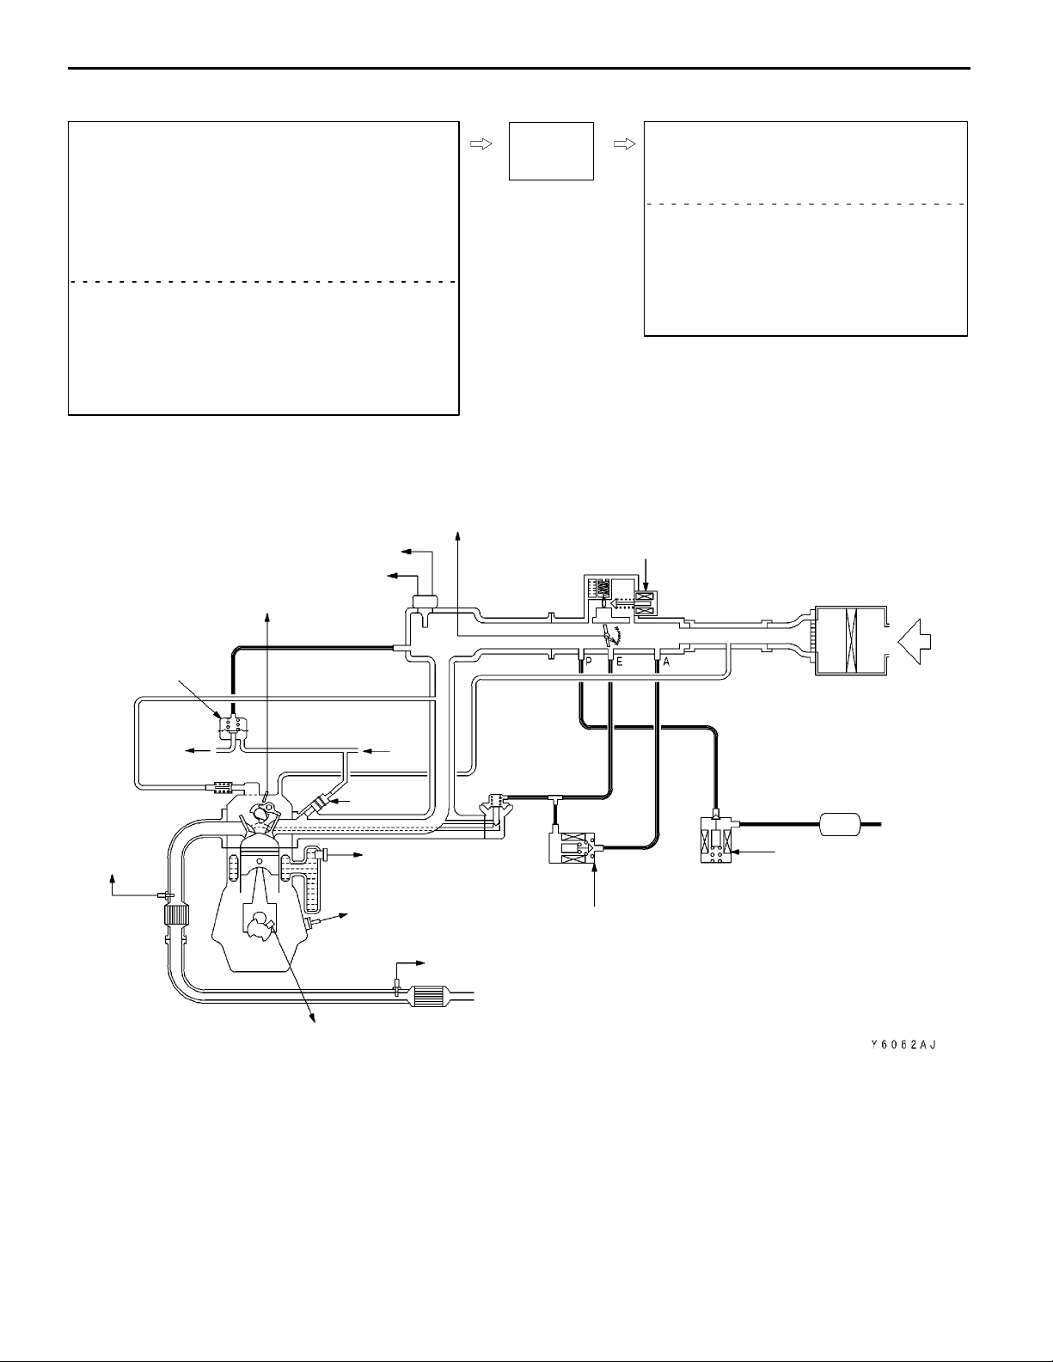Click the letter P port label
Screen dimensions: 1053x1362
[x=589, y=662]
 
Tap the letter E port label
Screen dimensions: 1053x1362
[x=619, y=662]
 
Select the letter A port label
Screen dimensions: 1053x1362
[x=665, y=662]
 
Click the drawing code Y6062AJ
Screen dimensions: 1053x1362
[x=903, y=1045]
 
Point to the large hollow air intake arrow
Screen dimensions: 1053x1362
[x=915, y=642]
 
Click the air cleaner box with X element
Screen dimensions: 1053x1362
[x=850, y=640]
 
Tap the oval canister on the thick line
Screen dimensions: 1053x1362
[x=842, y=824]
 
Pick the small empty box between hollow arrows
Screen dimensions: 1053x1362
[x=551, y=151]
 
